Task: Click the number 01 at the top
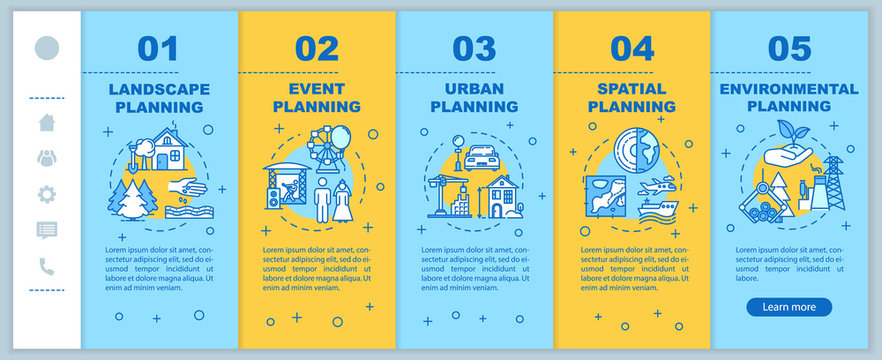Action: pos(157,49)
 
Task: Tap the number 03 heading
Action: pos(474,49)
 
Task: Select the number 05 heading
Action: pos(789,49)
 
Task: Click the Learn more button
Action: pos(789,307)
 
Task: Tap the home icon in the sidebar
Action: pos(47,122)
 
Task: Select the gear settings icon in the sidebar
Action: pos(47,193)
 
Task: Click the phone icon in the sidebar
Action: pos(47,265)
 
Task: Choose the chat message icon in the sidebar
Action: pos(47,229)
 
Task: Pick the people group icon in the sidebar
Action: pos(47,157)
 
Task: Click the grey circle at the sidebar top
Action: pos(47,48)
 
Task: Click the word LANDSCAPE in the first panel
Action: pos(157,88)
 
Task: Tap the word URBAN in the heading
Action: pos(474,88)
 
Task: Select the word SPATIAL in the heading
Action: pos(632,88)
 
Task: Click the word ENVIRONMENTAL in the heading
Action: pos(789,88)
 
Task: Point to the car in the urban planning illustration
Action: pos(482,157)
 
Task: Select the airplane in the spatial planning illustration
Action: pos(660,189)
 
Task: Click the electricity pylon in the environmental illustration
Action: pos(834,182)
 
